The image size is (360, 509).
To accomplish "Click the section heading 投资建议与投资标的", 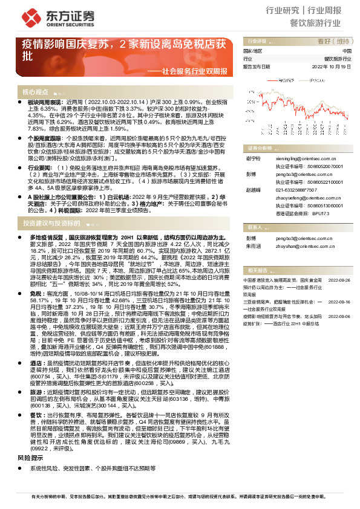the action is pos(51,206).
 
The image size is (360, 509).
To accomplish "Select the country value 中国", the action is pos(346,51).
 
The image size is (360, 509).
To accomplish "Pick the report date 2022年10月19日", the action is pos(332,67).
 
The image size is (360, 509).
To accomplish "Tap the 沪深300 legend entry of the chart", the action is pos(316,80).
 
